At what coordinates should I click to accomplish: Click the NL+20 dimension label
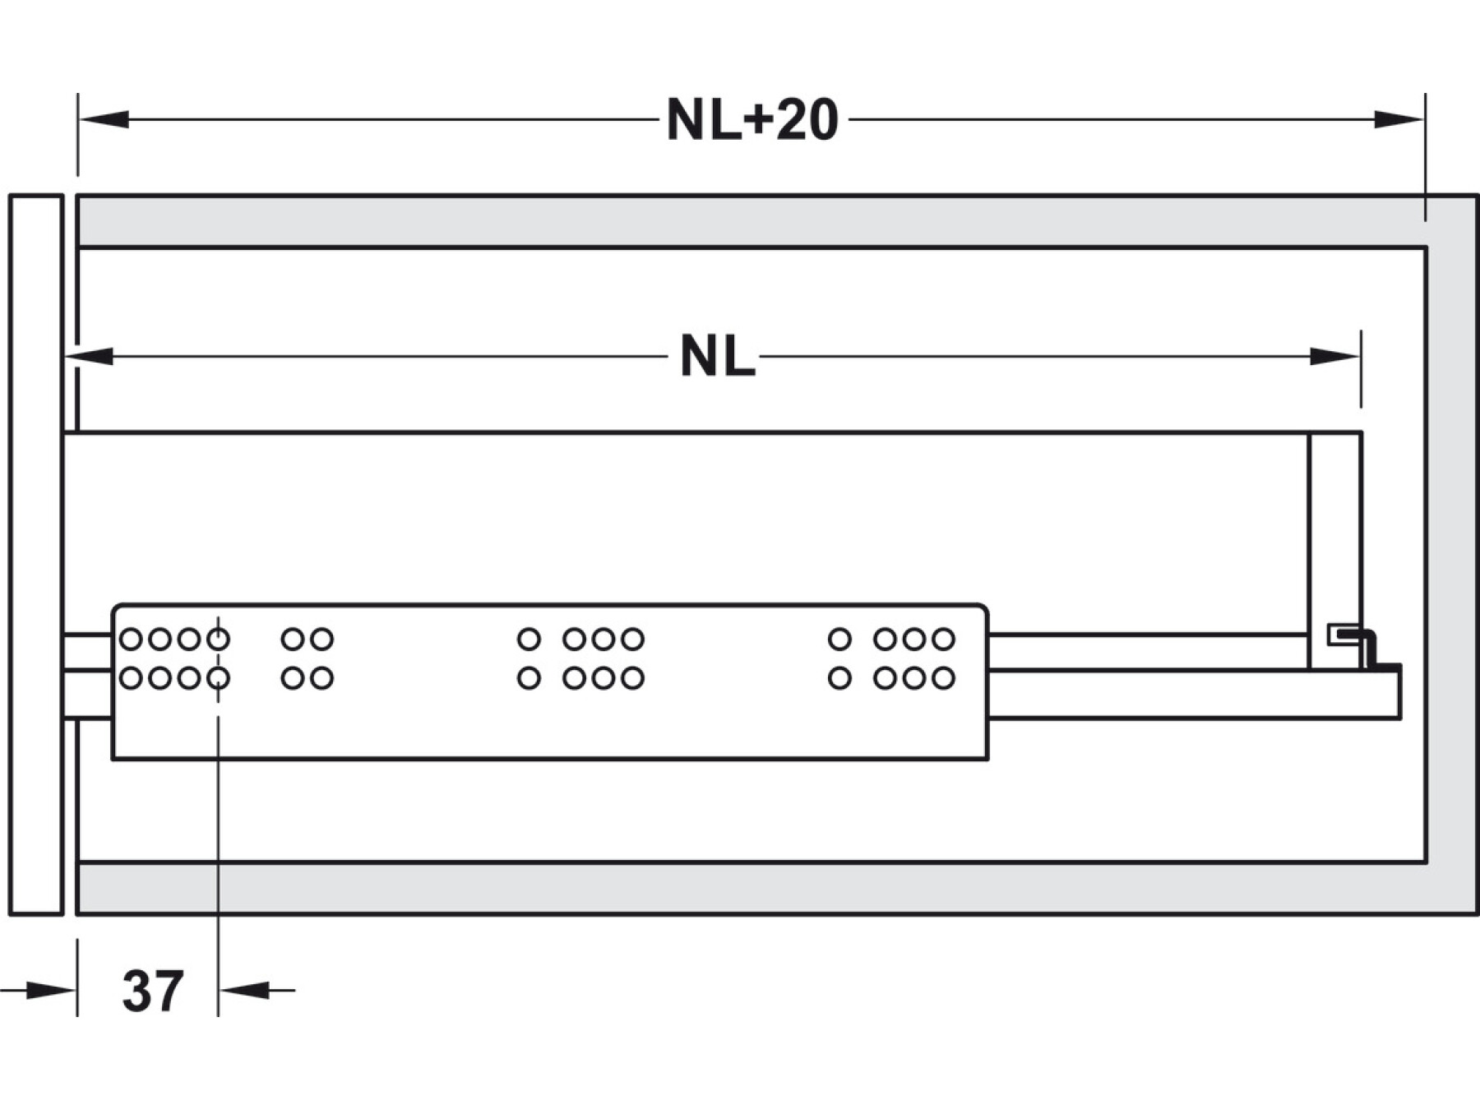pyautogui.click(x=752, y=121)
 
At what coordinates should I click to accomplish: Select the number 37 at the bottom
pyautogui.click(x=152, y=991)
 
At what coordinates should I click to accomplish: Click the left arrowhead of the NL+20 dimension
pyautogui.click(x=103, y=120)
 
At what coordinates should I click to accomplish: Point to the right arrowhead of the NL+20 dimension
pyautogui.click(x=1399, y=120)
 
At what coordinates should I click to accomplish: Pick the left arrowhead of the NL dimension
pyautogui.click(x=88, y=357)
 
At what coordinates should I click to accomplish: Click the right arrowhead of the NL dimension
pyautogui.click(x=1335, y=357)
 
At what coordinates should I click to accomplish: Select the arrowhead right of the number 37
pyautogui.click(x=245, y=990)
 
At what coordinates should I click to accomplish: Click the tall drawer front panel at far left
pyautogui.click(x=36, y=554)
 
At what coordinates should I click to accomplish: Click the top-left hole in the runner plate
pyautogui.click(x=131, y=639)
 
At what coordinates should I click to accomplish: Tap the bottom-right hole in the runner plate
pyautogui.click(x=943, y=678)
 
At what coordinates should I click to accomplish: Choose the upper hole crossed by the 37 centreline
pyautogui.click(x=218, y=639)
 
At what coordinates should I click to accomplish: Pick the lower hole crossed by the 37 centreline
pyautogui.click(x=218, y=678)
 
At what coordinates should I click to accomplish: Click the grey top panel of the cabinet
pyautogui.click(x=740, y=220)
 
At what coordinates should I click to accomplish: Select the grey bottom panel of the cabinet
pyautogui.click(x=740, y=888)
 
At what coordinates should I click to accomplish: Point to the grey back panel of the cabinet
pyautogui.click(x=1452, y=554)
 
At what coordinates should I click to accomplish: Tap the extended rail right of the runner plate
pyautogui.click(x=1192, y=695)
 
